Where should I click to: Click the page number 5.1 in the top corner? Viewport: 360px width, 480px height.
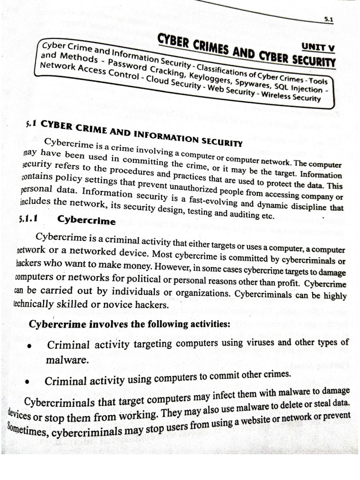pyautogui.click(x=328, y=20)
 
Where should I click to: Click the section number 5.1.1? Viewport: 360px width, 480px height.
pyautogui.click(x=29, y=217)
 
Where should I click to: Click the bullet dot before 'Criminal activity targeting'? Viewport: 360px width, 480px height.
pyautogui.click(x=30, y=347)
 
